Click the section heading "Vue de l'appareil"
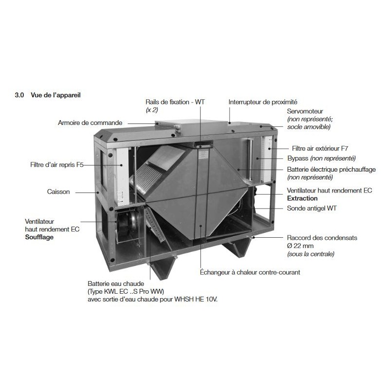[x=55, y=95]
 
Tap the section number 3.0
[x=19, y=95]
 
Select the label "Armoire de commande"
[x=90, y=123]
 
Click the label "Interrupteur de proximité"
[x=263, y=102]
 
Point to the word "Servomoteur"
[x=305, y=111]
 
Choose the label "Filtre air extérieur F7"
[x=320, y=148]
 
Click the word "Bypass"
[x=298, y=159]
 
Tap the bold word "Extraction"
[x=302, y=198]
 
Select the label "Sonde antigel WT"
[x=312, y=208]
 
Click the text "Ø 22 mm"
[x=300, y=246]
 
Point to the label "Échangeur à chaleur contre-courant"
[x=250, y=272]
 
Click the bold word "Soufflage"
[x=39, y=237]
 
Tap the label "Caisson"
[x=58, y=192]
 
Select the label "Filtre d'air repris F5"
[x=57, y=164]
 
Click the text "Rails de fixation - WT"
[x=175, y=102]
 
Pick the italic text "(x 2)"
[x=152, y=110]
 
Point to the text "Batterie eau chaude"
[x=116, y=283]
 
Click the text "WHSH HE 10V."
[x=196, y=299]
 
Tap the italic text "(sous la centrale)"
[x=311, y=254]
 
